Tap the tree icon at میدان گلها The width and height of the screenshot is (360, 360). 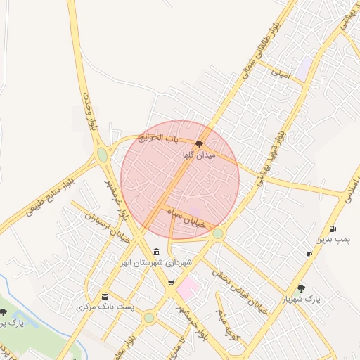199,143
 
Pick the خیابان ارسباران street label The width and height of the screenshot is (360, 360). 99,229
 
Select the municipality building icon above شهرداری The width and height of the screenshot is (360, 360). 155,252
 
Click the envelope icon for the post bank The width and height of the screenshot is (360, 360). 105,296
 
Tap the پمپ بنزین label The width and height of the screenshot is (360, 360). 331,240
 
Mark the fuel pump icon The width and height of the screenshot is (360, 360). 332,229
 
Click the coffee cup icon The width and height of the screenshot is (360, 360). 309,254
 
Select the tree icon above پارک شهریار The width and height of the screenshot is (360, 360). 302,288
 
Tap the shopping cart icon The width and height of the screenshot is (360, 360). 171,283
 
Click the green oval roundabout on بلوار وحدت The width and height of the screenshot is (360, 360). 103,154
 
